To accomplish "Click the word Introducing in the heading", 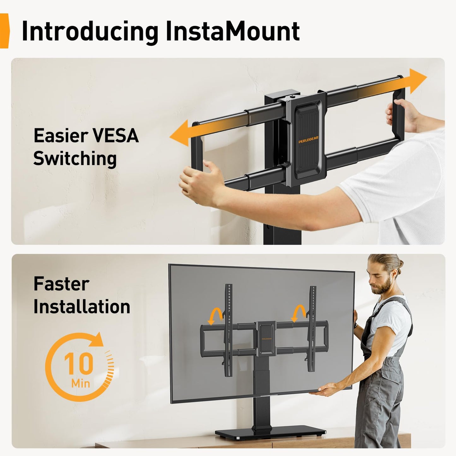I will pos(90,32).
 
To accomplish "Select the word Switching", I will pos(75,158).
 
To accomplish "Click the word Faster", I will pos(61,284).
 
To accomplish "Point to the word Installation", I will pos(82,306).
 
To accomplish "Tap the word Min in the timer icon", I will pos(81,383).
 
